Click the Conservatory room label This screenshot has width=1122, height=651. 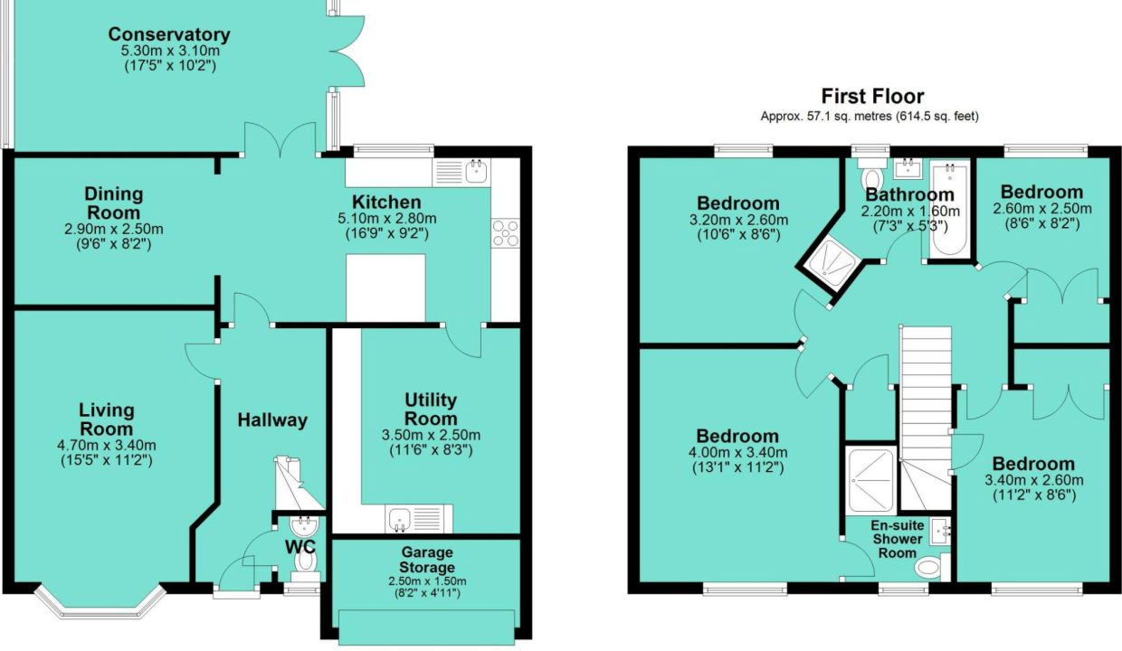169,34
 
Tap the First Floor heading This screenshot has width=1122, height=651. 872,96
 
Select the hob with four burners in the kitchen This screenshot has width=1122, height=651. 506,232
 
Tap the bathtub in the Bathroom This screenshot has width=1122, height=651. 949,209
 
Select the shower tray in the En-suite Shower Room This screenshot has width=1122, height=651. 871,480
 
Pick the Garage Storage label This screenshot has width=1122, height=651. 427,560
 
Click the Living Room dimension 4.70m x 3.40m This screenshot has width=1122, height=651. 107,445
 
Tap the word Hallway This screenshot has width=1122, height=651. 272,420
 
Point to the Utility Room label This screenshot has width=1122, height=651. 431,410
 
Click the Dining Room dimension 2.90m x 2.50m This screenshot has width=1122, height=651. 114,229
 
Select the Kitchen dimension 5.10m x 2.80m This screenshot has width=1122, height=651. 387,219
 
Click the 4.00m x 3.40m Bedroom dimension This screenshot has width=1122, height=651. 737,452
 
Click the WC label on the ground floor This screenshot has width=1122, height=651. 300,547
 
